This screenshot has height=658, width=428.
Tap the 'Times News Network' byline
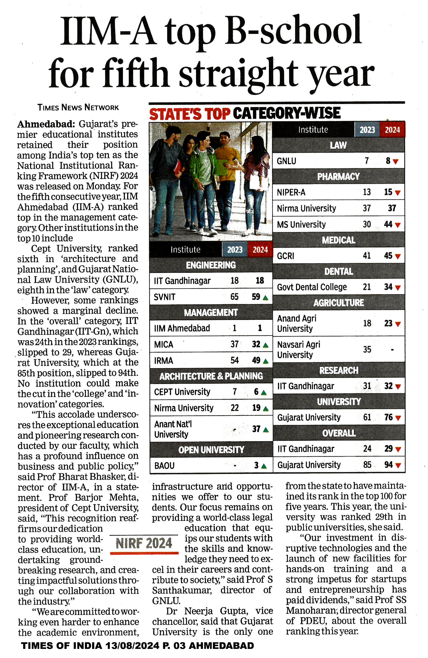tap(78, 107)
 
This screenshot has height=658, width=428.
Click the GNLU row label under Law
tap(286, 161)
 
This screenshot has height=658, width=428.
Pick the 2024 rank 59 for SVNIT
tap(256, 297)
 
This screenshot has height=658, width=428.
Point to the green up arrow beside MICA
tap(266, 345)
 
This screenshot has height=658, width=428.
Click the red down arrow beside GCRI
tap(398, 256)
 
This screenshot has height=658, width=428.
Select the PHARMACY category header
tap(338, 176)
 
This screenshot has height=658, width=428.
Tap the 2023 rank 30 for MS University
tap(367, 224)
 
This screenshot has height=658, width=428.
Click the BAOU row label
tap(164, 466)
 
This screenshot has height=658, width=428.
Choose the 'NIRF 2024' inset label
tap(144, 543)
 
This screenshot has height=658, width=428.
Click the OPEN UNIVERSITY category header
tap(211, 450)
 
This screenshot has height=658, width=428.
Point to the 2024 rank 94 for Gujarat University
tap(388, 465)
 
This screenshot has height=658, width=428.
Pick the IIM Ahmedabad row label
tap(182, 328)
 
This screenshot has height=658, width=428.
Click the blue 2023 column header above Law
tap(367, 130)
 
